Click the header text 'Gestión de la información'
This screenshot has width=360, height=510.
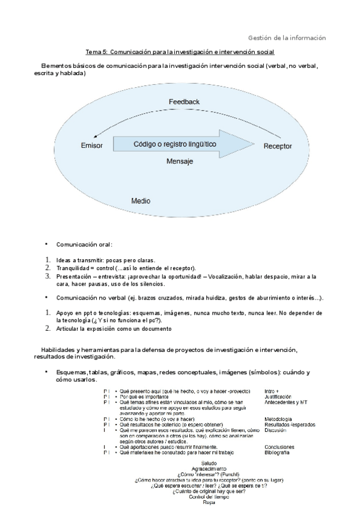(287, 37)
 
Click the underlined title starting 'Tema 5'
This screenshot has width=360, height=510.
(180, 52)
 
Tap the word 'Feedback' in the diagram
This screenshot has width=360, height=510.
(183, 102)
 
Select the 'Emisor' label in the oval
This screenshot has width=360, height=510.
(91, 146)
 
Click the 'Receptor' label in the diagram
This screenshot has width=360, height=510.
(278, 146)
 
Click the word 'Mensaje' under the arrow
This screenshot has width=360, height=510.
(179, 162)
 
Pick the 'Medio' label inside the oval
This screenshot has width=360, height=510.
(140, 200)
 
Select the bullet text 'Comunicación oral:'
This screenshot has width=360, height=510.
(84, 244)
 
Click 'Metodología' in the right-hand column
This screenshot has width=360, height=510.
(278, 419)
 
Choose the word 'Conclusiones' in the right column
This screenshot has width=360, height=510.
(279, 447)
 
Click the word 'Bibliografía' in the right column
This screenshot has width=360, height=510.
(277, 452)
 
